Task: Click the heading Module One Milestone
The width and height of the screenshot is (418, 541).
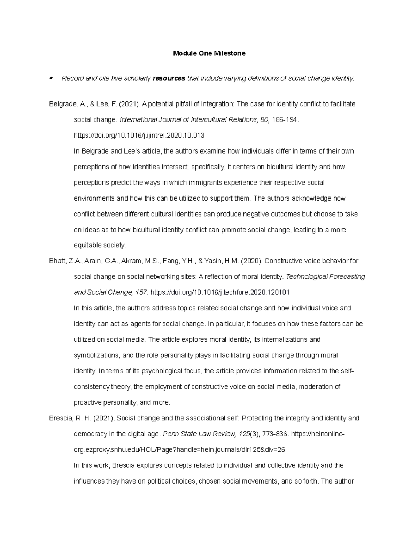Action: coord(209,53)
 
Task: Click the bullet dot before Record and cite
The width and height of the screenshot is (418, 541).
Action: coord(51,78)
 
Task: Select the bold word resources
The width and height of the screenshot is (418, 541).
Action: coord(169,78)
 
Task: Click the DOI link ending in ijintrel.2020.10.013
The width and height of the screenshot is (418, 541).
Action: coord(139,135)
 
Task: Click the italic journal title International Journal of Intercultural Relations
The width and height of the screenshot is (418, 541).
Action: coord(188,119)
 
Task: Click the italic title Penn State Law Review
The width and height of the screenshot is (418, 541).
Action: coord(200,434)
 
